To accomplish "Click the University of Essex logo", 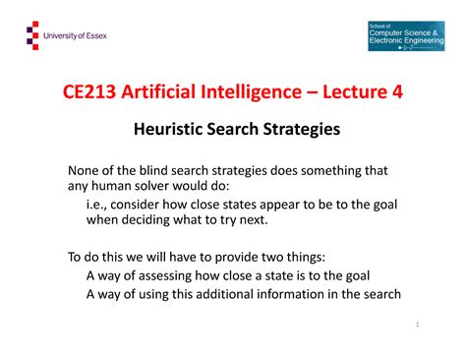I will [65, 36].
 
